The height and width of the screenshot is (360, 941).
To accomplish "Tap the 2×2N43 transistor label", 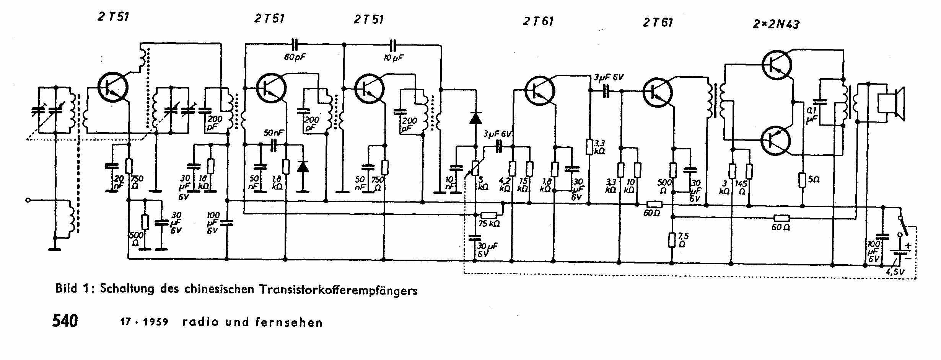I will coord(776,24).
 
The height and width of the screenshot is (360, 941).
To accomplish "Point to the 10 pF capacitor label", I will coord(394,58).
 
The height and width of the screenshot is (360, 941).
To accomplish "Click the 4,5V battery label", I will coord(895,272).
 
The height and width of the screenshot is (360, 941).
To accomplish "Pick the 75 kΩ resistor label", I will coord(489,224).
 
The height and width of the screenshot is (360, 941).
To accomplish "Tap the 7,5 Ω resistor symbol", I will coord(672,241).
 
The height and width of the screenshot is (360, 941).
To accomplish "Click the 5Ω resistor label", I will coord(814,179).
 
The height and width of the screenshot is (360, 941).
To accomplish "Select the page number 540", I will coord(65,321).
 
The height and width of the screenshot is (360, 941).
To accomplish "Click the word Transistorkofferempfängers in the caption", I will coord(339,290).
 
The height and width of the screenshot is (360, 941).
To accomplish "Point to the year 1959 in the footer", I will coord(156,322).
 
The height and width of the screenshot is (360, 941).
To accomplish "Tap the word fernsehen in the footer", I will coord(289,322).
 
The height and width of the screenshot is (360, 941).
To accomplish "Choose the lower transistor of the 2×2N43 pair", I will coord(776,140).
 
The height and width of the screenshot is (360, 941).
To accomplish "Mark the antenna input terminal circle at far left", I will coord(28,200).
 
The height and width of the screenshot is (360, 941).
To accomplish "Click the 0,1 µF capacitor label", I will coord(811,115).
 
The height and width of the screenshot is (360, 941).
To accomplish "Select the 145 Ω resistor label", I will coord(742,187).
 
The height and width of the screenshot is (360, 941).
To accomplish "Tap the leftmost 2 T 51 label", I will coord(113,17).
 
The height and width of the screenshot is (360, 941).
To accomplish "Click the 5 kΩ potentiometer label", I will coord(483,183).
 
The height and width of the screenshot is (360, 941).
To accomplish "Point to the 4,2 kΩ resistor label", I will coord(505,185).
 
